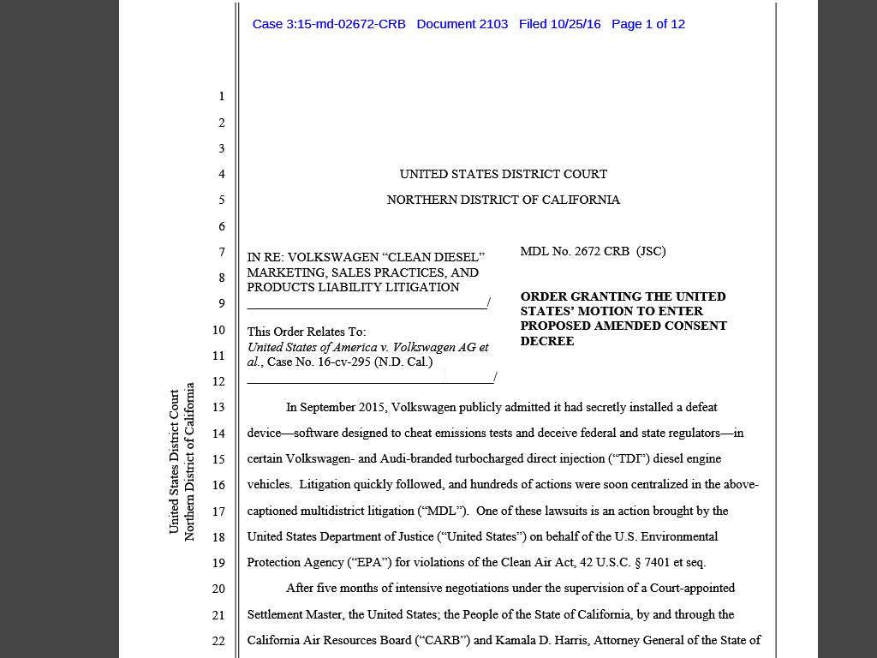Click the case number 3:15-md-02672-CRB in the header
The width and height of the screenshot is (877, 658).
coord(329,24)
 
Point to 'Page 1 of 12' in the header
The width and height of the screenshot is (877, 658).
coord(648,24)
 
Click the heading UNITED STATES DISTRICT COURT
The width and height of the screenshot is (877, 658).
coord(504,174)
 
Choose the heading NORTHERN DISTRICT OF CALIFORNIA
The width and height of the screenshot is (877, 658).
coord(504,200)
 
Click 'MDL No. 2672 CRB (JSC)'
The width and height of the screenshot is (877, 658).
coord(593,251)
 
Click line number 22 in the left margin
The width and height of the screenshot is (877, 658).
coord(218,641)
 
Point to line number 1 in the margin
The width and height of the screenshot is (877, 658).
coord(221,96)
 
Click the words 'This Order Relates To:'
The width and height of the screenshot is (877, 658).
coord(307,332)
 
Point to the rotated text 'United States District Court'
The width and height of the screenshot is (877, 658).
coord(174,461)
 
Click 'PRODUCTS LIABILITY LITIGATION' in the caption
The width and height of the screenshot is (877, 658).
coord(354,287)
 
